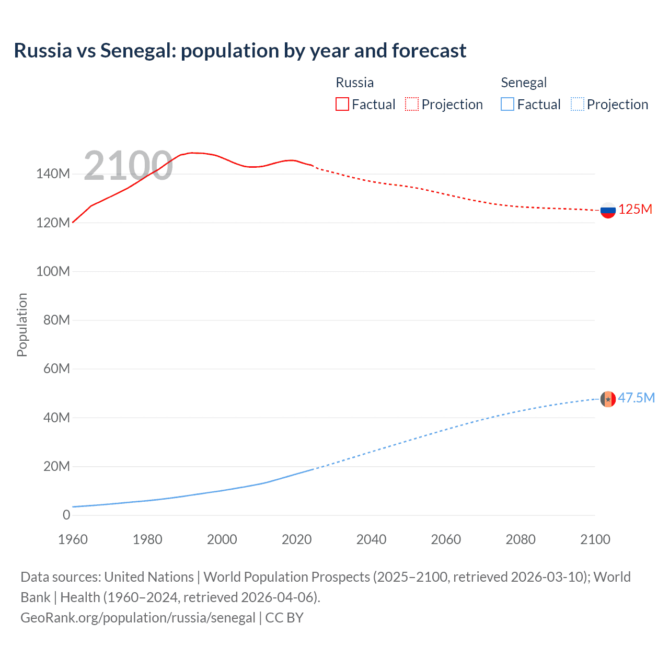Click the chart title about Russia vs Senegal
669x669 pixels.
(x=240, y=51)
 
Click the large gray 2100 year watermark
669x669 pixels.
(x=128, y=166)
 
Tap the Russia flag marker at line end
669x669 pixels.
(x=608, y=211)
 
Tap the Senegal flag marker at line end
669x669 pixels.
(x=608, y=399)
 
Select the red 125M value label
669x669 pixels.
(x=635, y=210)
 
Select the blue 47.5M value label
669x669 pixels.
(x=636, y=398)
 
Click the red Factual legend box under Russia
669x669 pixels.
(x=342, y=105)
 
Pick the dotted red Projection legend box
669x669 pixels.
(x=412, y=105)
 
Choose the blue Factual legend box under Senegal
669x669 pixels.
(x=507, y=105)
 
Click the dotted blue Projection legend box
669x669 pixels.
(x=578, y=105)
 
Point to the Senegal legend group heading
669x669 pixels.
(x=524, y=83)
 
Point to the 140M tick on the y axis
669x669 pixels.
(x=53, y=174)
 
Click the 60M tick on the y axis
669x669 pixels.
(x=56, y=369)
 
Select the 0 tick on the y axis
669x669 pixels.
(x=66, y=515)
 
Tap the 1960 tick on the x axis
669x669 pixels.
(x=73, y=539)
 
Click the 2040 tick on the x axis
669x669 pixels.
(x=371, y=539)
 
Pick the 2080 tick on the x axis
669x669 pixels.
(x=521, y=539)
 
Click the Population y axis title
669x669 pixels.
(x=22, y=325)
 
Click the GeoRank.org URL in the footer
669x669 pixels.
(x=138, y=618)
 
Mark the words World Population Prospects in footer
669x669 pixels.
(x=286, y=577)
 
